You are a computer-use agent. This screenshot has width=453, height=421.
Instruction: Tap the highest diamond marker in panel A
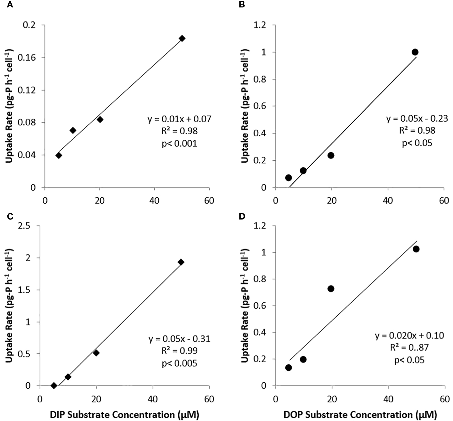pos(182,38)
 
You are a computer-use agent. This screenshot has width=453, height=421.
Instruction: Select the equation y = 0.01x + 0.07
pos(180,119)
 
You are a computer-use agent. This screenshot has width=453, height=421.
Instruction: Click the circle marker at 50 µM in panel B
pos(415,52)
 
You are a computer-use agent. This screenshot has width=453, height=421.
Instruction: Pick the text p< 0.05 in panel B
pos(417,143)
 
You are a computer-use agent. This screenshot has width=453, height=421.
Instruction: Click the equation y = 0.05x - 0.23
pos(417,119)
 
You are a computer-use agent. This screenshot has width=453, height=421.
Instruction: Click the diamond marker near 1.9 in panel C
pos(181,262)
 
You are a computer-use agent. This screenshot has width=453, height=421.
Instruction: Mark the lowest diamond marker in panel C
pos(54,385)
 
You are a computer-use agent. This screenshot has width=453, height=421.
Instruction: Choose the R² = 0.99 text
pos(180,351)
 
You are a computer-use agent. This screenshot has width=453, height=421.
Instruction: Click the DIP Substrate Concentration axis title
pos(125,415)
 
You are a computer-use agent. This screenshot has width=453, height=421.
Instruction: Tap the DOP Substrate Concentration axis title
pos(360,415)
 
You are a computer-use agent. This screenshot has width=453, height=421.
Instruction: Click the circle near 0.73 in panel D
pos(331,289)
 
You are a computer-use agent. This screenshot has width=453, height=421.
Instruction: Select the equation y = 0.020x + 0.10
pos(409,335)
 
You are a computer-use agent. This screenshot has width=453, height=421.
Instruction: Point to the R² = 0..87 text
pos(409,347)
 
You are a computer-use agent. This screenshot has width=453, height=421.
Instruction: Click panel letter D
pos(242,216)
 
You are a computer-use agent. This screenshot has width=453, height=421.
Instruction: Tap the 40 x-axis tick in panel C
pos(153,399)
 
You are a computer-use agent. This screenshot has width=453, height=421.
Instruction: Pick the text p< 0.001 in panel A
pos(180,143)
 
